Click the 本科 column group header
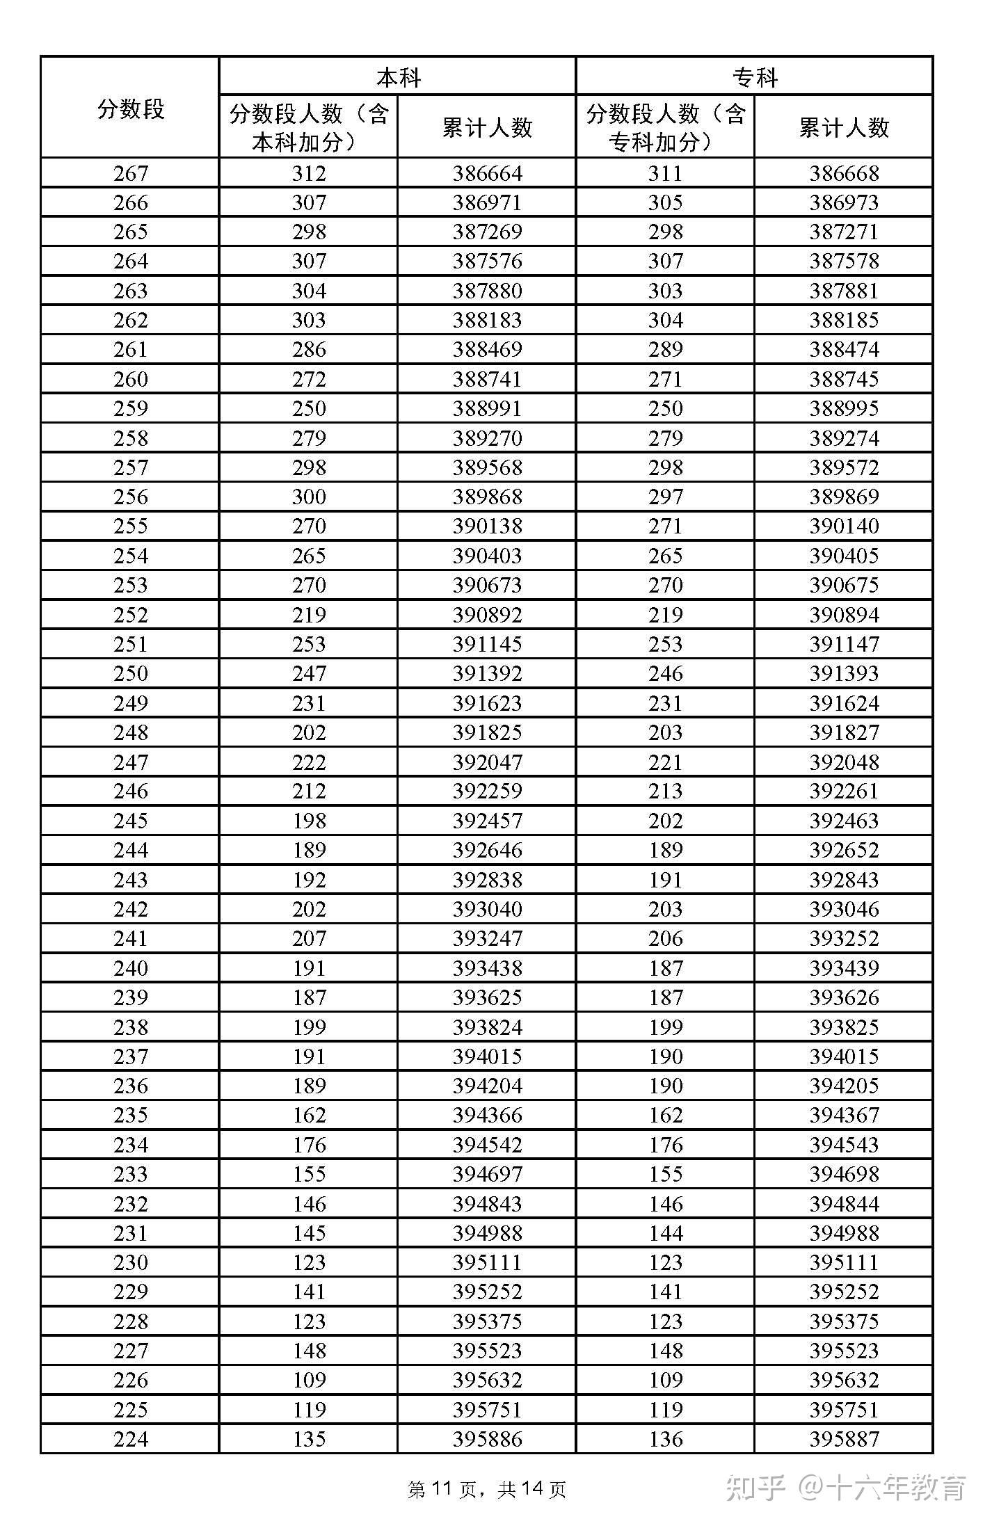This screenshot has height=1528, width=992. pyautogui.click(x=397, y=77)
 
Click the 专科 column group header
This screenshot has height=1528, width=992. pyautogui.click(x=754, y=77)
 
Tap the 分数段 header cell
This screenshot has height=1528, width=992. pyautogui.click(x=130, y=108)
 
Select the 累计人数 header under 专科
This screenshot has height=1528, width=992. pyautogui.click(x=843, y=127)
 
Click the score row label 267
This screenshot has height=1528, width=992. pyautogui.click(x=130, y=173)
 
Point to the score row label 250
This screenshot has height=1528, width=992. pyautogui.click(x=130, y=673)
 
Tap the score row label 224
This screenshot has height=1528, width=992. pyautogui.click(x=130, y=1439)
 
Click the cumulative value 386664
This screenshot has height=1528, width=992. pyautogui.click(x=487, y=173)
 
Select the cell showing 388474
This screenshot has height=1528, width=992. pyautogui.click(x=843, y=349)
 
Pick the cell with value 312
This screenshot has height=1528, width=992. pyautogui.click(x=309, y=173)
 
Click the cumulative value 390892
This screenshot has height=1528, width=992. pyautogui.click(x=487, y=615)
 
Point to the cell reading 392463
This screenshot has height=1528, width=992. pyautogui.click(x=843, y=821)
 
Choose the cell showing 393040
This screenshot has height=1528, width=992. pyautogui.click(x=487, y=909)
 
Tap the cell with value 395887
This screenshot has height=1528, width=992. pyautogui.click(x=843, y=1439)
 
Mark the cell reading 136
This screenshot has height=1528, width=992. pyautogui.click(x=665, y=1439)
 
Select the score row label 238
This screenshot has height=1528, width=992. pyautogui.click(x=130, y=1027)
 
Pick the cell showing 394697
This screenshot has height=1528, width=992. pyautogui.click(x=487, y=1174)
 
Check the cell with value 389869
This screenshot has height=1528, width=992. pyautogui.click(x=843, y=497)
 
